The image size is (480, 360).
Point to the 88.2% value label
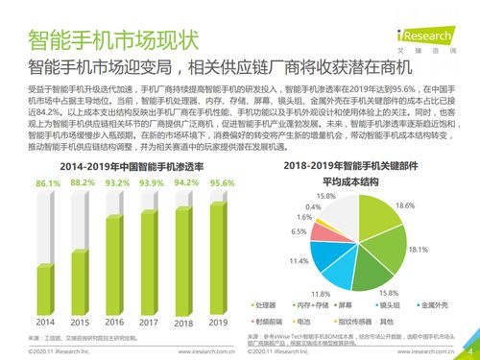pyautogui.click(x=83, y=181)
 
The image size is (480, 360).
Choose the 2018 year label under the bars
pyautogui.click(x=186, y=322)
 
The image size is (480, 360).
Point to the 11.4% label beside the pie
pyautogui.click(x=299, y=260)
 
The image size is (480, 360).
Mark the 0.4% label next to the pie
pyautogui.click(x=313, y=206)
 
